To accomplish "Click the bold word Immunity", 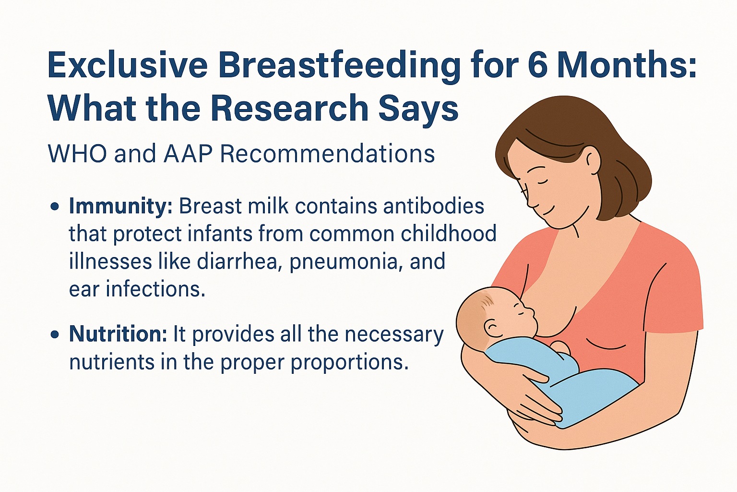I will [x=120, y=207].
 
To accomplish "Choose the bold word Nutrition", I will [x=118, y=334].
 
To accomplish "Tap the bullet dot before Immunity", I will [x=55, y=207].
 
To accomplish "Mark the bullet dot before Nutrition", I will [x=55, y=334].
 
